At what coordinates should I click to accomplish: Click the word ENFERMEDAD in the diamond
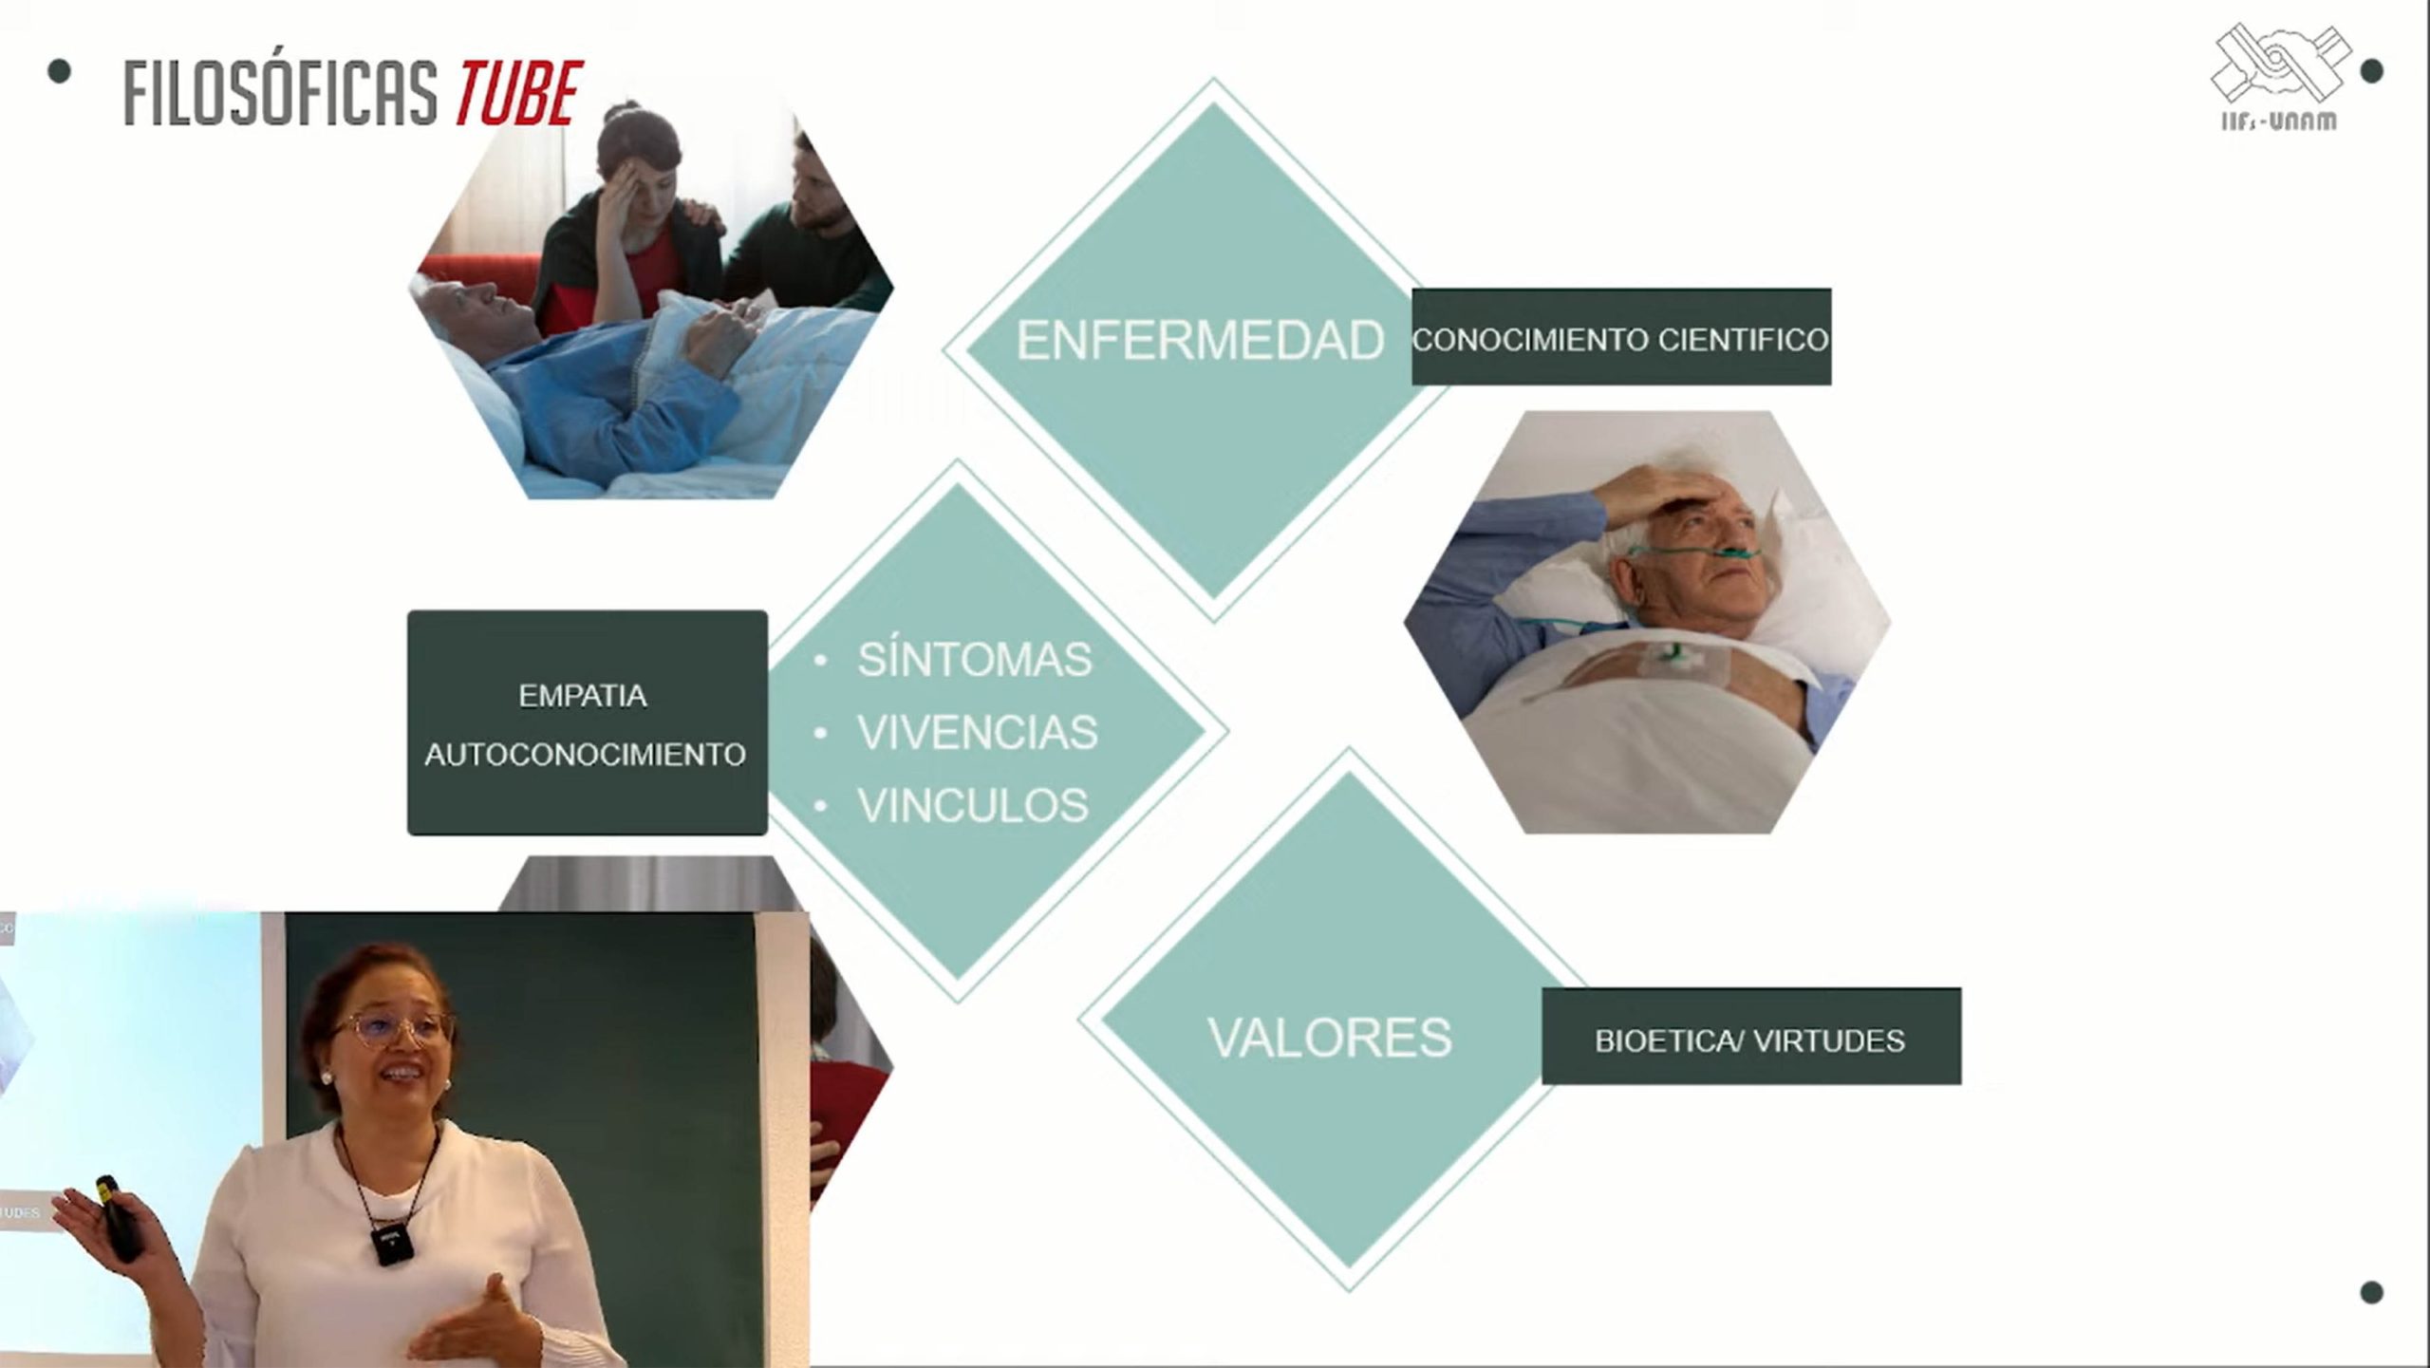click(1200, 340)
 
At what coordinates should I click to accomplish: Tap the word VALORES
click(1330, 1037)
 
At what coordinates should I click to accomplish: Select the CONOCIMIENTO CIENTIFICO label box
click(1621, 337)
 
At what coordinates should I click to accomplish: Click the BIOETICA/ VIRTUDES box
click(1751, 1036)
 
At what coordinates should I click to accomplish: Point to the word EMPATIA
click(583, 696)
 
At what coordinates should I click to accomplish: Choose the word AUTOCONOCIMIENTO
click(585, 755)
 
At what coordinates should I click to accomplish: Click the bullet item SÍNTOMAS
click(975, 660)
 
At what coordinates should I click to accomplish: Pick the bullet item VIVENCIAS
click(978, 732)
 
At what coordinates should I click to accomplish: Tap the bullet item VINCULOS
click(973, 805)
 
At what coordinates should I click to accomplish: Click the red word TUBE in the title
click(519, 93)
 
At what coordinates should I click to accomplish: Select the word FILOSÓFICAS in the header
click(281, 93)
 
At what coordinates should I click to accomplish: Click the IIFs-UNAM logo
click(2281, 77)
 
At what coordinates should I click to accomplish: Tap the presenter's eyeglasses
click(392, 1028)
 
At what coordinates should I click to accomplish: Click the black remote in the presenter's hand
click(118, 1218)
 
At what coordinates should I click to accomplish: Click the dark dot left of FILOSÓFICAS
click(59, 71)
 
